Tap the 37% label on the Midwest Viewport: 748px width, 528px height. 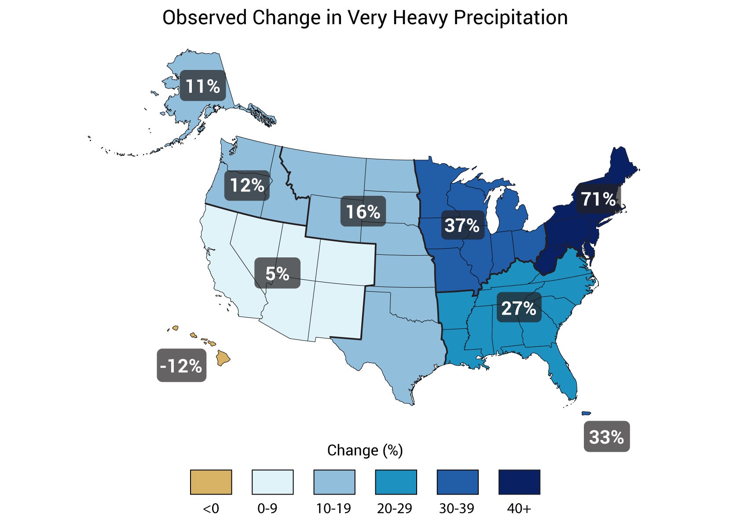coord(462,225)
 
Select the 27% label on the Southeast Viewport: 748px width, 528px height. coord(519,308)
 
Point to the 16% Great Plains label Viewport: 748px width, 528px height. coord(363,212)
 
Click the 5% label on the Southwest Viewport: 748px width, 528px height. coord(277,273)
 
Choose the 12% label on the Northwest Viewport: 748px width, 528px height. coord(247,185)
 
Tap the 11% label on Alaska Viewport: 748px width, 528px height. coord(202,86)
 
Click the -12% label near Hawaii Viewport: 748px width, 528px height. coord(181,365)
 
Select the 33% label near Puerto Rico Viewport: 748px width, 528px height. coord(606,436)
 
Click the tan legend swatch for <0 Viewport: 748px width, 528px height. coord(211,482)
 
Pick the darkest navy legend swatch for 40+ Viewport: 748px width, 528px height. coord(519,482)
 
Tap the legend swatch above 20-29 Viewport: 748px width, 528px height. coord(396,482)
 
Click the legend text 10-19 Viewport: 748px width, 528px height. coord(334,509)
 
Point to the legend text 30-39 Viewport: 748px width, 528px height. coord(457,509)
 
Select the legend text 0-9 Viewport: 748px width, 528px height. coord(267,509)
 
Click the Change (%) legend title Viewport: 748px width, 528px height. coord(365,450)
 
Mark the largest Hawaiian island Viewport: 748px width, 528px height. coord(223,358)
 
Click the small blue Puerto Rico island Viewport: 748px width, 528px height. coord(586,413)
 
